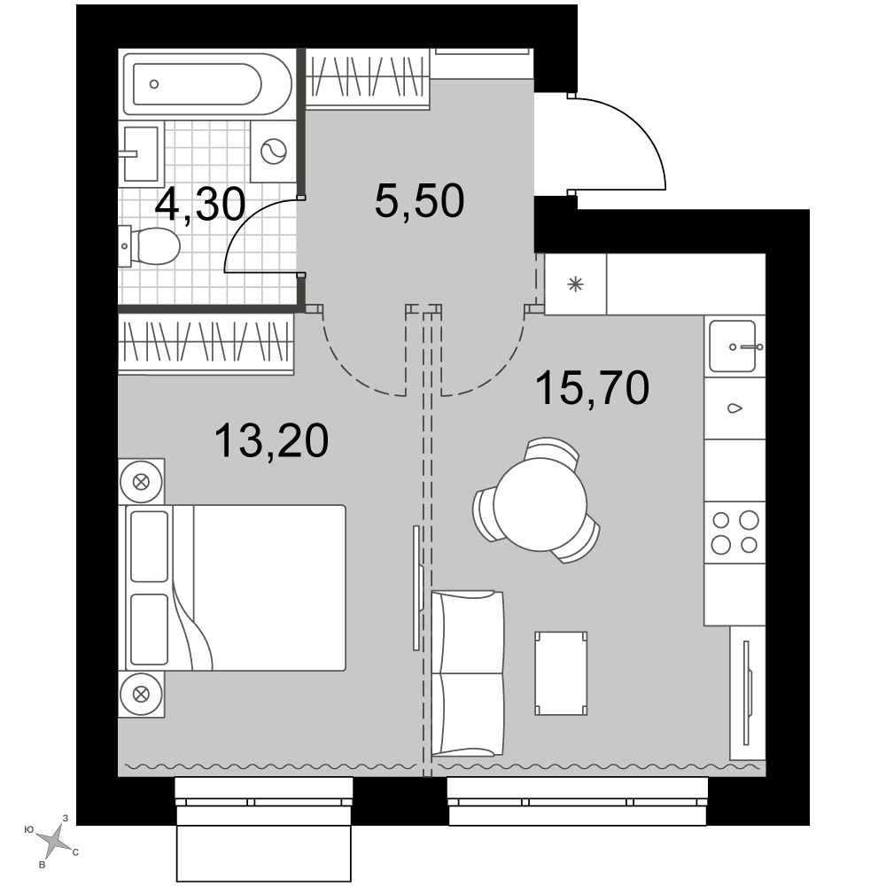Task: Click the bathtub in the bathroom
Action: [x=207, y=84]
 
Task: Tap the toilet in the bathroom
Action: [x=149, y=245]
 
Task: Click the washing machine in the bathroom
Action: [x=274, y=152]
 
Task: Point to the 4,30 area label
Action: [x=200, y=204]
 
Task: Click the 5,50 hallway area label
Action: [x=419, y=200]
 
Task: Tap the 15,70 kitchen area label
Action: [x=592, y=388]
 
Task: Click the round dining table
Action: [x=540, y=505]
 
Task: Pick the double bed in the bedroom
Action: [x=235, y=587]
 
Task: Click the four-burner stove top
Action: [x=734, y=532]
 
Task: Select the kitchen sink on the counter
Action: [x=734, y=346]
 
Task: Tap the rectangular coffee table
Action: [x=561, y=673]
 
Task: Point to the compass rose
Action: [x=54, y=837]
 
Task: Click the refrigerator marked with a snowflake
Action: [x=575, y=284]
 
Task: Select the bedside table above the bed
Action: [x=141, y=482]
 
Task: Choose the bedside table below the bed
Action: [x=141, y=695]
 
